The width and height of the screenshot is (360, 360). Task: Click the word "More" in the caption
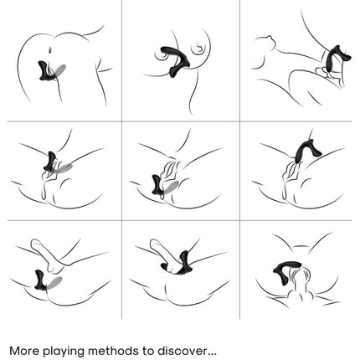click(x=24, y=351)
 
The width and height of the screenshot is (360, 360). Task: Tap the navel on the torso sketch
click(x=50, y=50)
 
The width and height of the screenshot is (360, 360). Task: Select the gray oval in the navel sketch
click(x=59, y=70)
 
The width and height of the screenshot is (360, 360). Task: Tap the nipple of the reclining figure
click(x=269, y=37)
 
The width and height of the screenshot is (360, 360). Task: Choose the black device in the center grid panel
click(x=157, y=185)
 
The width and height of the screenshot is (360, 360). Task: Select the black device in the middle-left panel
click(x=51, y=162)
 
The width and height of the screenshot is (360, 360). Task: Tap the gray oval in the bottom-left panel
click(x=54, y=283)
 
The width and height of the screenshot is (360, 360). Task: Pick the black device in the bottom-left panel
click(x=40, y=280)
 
